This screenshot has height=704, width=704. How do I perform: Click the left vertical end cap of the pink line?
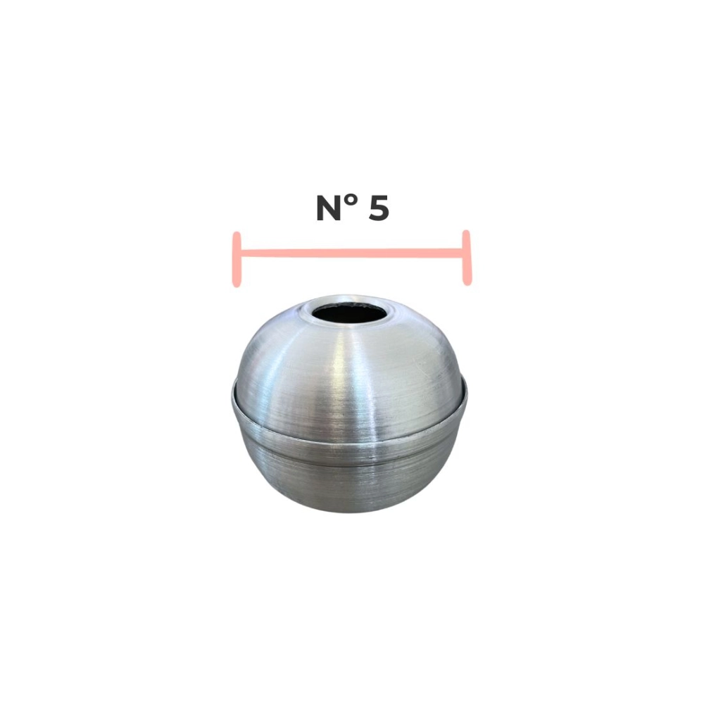[x=237, y=258]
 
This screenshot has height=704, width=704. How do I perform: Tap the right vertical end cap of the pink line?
[x=466, y=258]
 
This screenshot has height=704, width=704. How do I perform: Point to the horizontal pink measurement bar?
[x=352, y=253]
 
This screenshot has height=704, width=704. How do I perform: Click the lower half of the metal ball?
[x=352, y=479]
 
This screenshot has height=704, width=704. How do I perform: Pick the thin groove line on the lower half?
[x=352, y=466]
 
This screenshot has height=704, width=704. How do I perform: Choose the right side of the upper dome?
[x=436, y=366]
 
